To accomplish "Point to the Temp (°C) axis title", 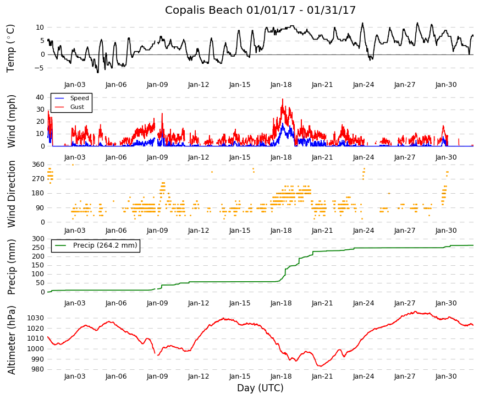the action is click(10, 48).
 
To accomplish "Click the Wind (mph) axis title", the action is click(11, 122).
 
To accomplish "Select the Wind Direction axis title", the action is click(11, 194).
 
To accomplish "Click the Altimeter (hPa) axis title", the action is click(11, 340).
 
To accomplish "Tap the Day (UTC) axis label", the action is click(260, 388).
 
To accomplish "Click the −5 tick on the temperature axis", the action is click(40, 68).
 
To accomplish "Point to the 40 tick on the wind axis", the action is click(40, 97).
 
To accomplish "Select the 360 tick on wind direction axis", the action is click(38, 165).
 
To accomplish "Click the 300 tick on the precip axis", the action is click(38, 238).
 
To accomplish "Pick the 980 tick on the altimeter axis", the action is click(38, 369).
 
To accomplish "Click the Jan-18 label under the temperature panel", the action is click(281, 85).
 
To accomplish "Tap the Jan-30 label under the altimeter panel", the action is click(446, 376).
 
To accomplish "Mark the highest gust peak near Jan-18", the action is click(283, 99).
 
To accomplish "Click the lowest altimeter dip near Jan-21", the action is click(321, 366).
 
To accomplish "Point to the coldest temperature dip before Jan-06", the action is click(98, 73).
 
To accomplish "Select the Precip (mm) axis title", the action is click(11, 267).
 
